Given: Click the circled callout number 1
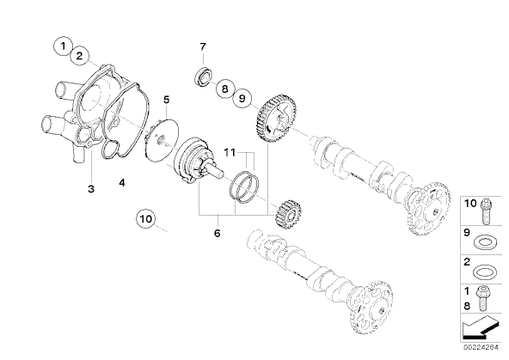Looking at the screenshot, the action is [x=64, y=46].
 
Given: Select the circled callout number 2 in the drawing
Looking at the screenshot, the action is [x=79, y=56].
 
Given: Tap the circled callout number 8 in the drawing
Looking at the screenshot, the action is [x=225, y=88].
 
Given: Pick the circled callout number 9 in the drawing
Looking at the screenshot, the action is [x=242, y=98].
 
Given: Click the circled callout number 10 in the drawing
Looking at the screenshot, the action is [x=146, y=219].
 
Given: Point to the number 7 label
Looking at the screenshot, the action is [x=203, y=47].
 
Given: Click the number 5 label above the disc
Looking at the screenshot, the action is [x=167, y=100].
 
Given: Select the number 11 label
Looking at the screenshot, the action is [x=230, y=152].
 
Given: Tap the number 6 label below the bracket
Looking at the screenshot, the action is [x=218, y=233].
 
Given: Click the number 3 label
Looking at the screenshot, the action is [x=91, y=188].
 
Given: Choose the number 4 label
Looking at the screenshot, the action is [x=122, y=183].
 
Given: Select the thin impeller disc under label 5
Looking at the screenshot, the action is [x=162, y=140].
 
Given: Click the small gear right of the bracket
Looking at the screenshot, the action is [x=287, y=214].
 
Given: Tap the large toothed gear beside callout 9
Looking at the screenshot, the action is [x=277, y=119].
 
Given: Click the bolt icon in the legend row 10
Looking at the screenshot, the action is [x=487, y=211].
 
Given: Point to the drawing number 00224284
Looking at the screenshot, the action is [x=481, y=347].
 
